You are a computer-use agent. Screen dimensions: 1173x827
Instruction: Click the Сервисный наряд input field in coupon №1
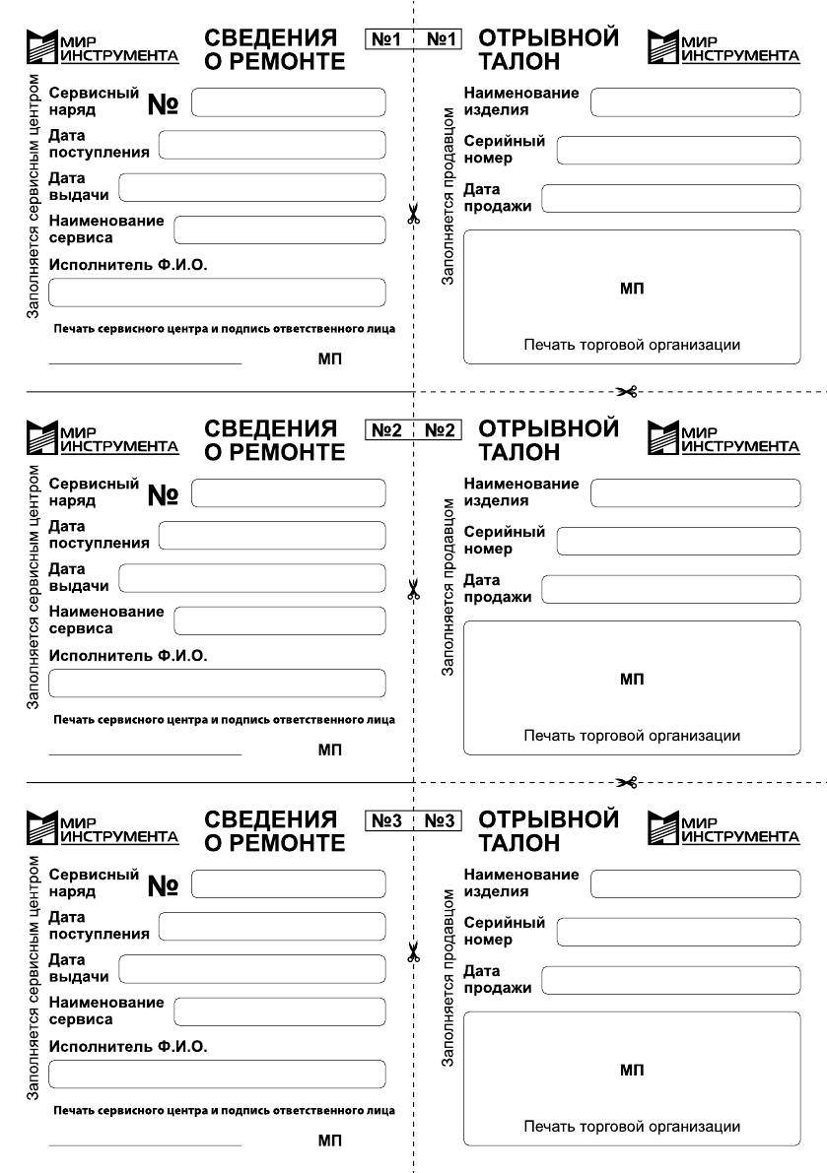pos(288,101)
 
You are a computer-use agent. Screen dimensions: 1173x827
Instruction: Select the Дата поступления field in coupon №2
pos(271,535)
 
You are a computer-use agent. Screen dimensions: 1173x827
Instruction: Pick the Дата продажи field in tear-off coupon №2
pos(670,589)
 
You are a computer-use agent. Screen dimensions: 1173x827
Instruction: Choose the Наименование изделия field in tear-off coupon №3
pos(694,883)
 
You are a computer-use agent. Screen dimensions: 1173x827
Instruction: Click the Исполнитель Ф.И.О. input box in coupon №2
pos(217,683)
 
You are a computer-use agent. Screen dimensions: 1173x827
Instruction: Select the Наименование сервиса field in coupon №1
pos(279,229)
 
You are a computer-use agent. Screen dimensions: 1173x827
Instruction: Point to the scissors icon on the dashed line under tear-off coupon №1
pos(627,392)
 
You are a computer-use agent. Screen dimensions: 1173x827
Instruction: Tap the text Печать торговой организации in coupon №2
pos(632,736)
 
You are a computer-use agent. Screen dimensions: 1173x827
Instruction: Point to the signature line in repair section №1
pos(144,363)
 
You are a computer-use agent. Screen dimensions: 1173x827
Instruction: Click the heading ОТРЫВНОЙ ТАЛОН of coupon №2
pos(548,440)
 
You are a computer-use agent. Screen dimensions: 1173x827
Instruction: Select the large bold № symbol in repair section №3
pos(162,886)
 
